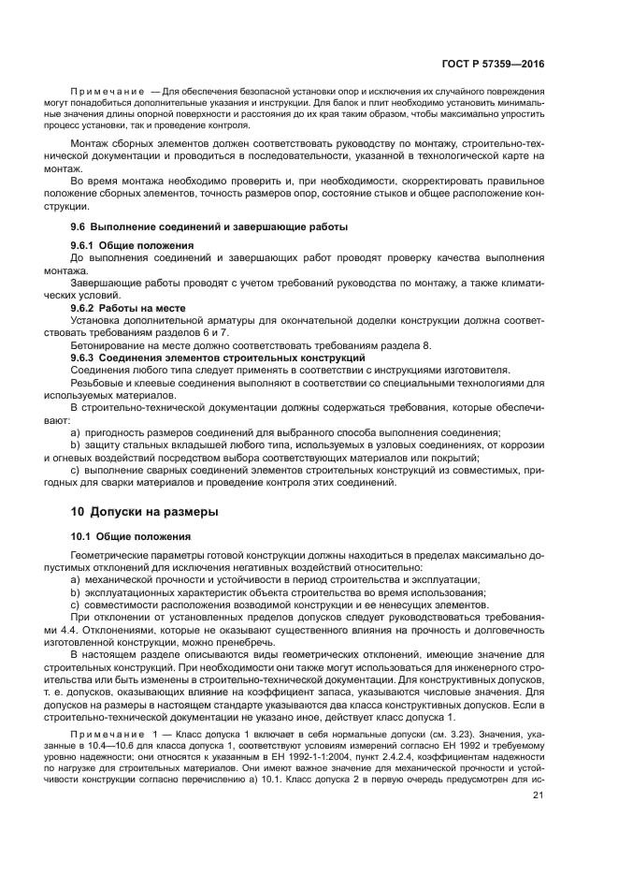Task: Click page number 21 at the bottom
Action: tap(538, 796)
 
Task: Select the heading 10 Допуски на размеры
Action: tap(145, 512)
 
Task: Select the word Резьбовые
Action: tap(97, 382)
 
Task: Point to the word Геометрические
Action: tap(111, 556)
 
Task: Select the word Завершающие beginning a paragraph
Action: tap(105, 282)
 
